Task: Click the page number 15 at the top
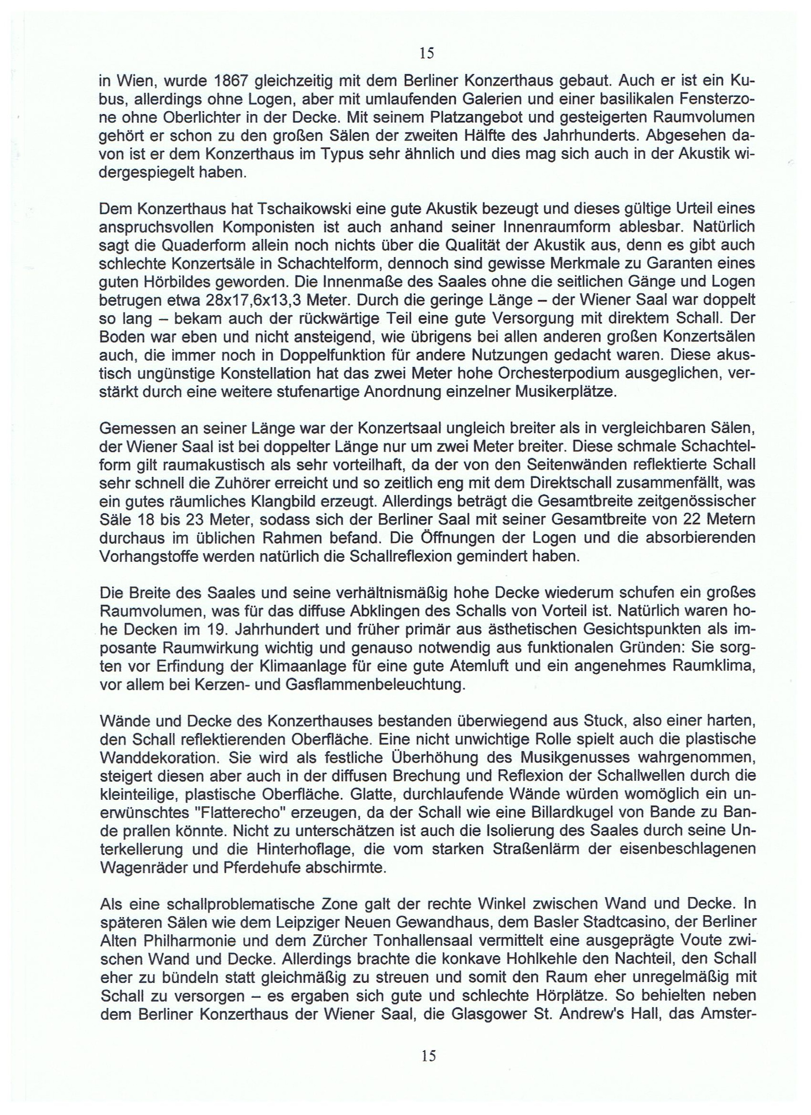(x=427, y=53)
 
